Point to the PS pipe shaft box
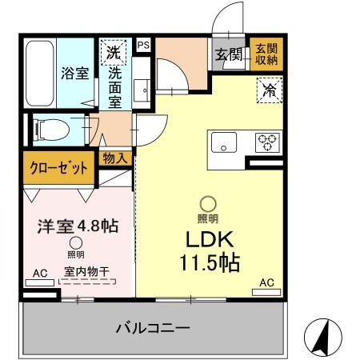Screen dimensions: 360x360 point(143,46)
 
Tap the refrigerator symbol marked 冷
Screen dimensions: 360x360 point(269,90)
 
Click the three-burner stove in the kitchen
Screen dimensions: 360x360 point(266,142)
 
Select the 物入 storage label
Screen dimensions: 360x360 point(114,158)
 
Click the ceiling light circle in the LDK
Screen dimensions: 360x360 point(207,205)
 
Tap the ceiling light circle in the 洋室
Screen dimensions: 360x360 point(75,242)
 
